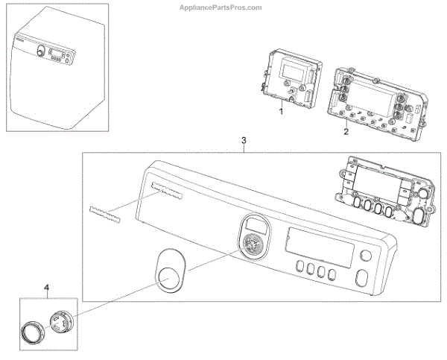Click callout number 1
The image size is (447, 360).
coord(282,110)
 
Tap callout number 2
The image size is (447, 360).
coord(346,131)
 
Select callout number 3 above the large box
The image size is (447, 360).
coord(244,139)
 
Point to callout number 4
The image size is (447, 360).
coord(46,288)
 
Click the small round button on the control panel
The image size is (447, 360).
coord(365,258)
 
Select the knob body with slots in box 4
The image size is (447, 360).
coord(63,325)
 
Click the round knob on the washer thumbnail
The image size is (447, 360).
coord(39,51)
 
